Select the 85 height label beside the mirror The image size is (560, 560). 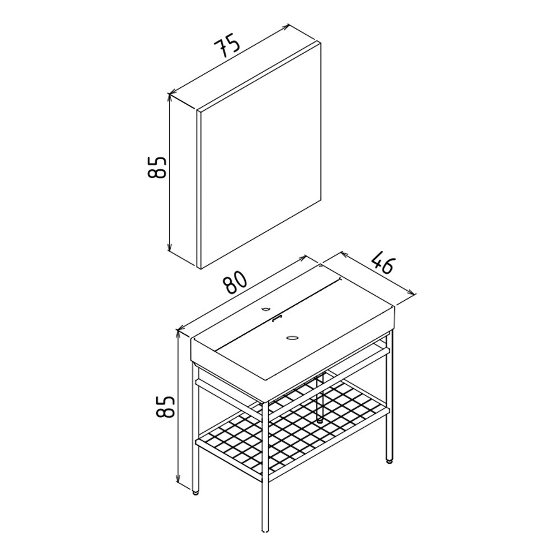tap(157, 167)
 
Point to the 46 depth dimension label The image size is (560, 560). tap(381, 262)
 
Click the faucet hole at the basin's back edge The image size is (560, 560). tap(265, 308)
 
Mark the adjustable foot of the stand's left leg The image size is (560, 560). tap(195, 493)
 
